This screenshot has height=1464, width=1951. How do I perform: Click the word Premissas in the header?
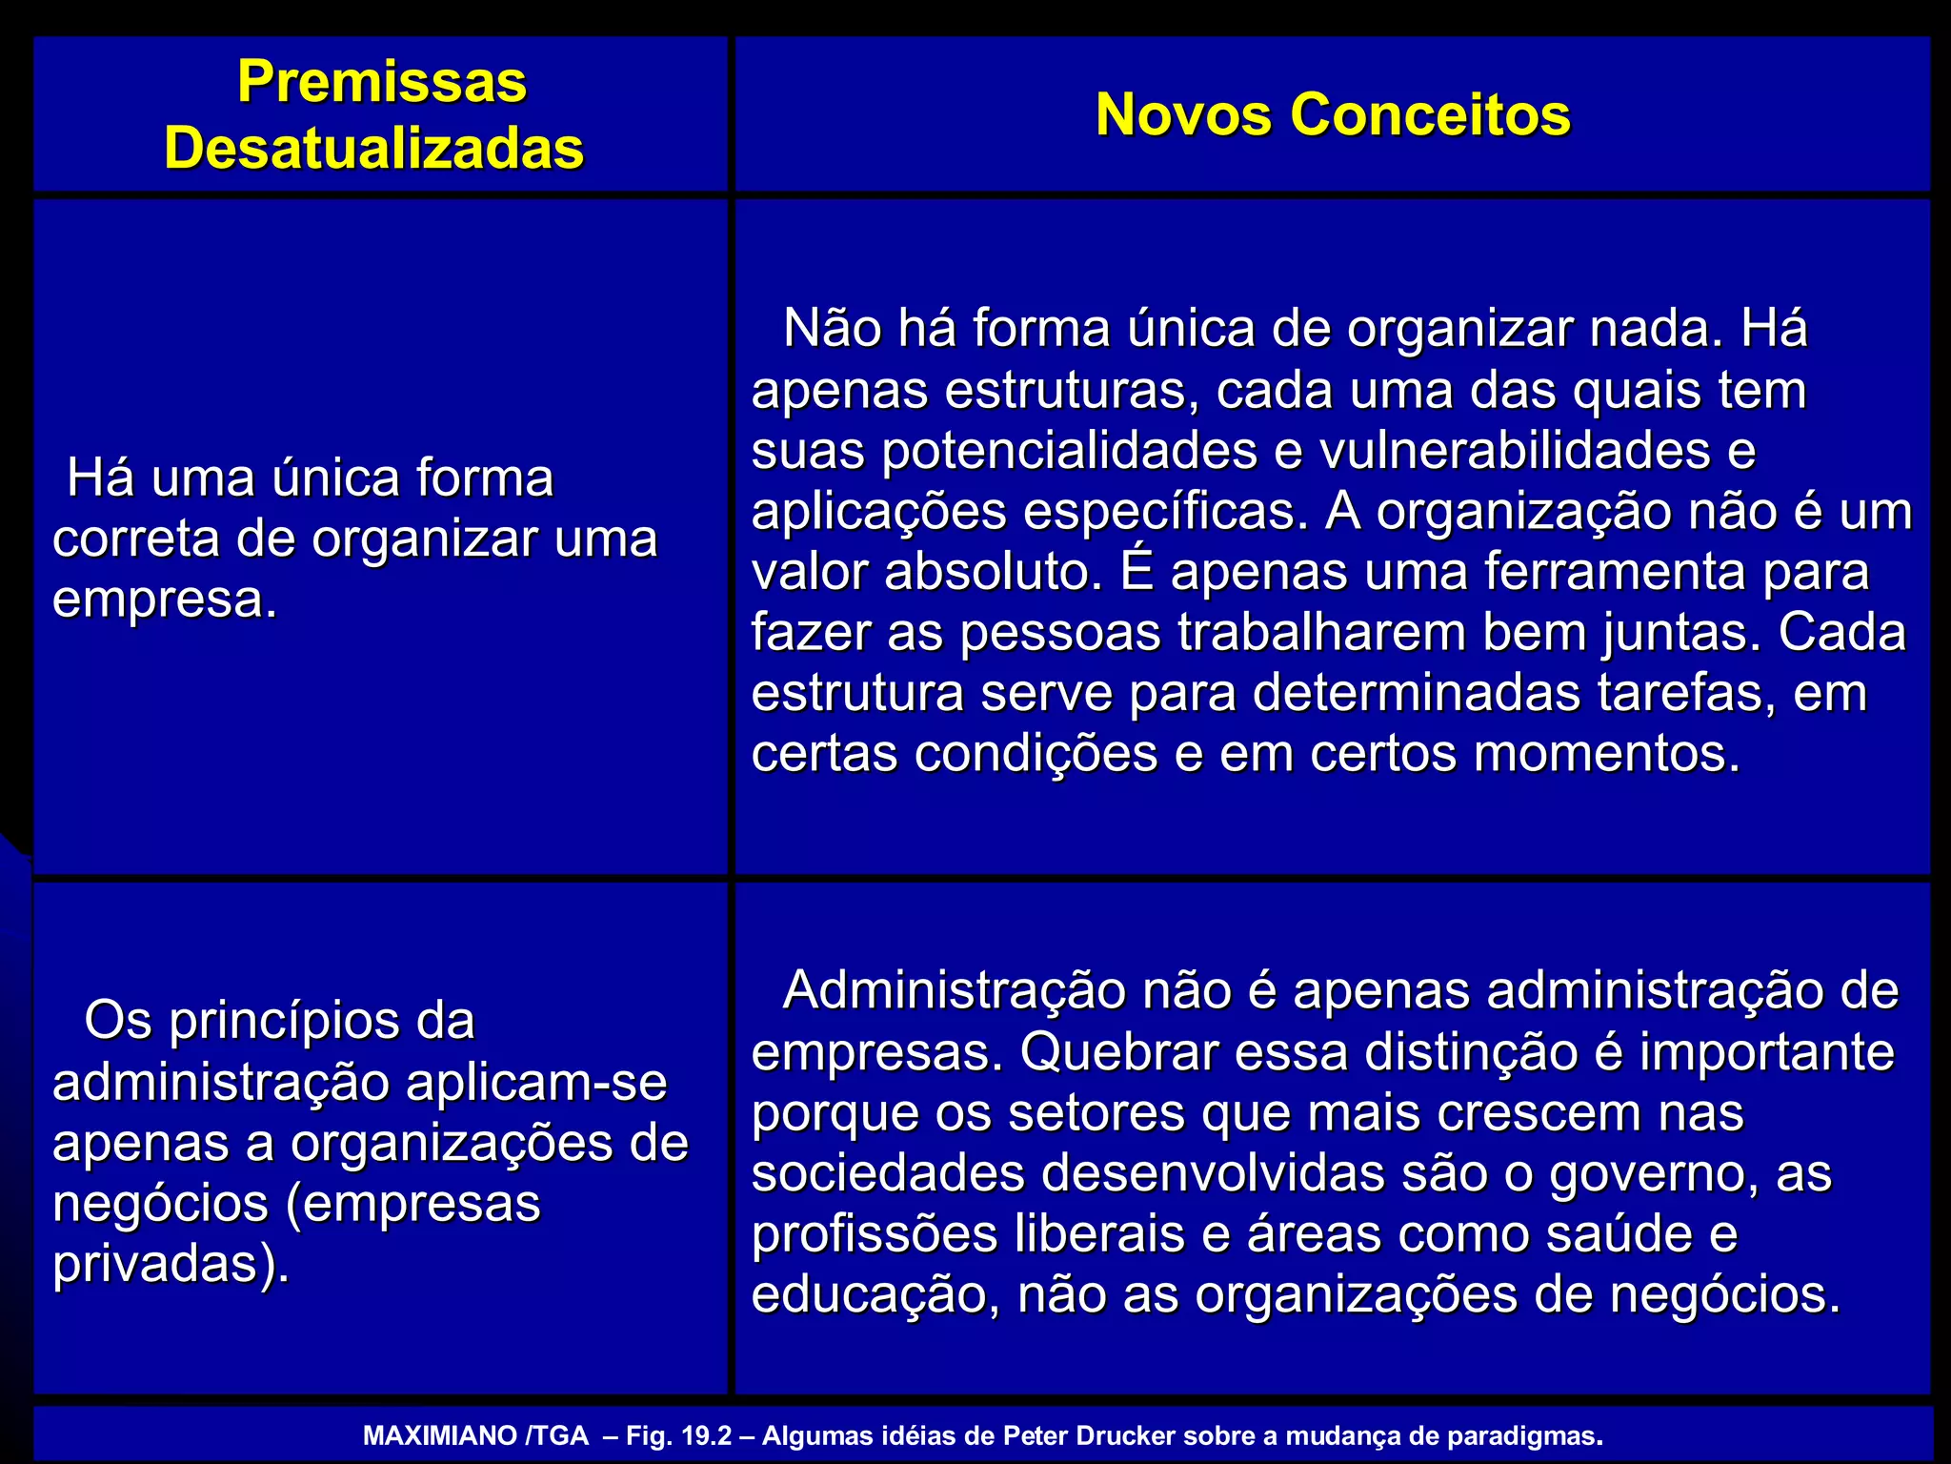(x=381, y=82)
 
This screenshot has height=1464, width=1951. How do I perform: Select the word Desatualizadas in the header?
(x=373, y=149)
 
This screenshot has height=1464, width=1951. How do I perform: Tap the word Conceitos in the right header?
(x=1430, y=114)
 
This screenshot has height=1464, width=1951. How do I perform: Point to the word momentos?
(x=1607, y=754)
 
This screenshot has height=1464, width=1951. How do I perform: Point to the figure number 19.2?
(x=706, y=1436)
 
